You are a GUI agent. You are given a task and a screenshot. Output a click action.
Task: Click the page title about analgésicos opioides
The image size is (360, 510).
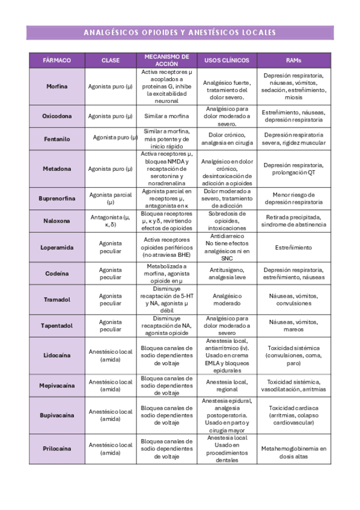coord(180,32)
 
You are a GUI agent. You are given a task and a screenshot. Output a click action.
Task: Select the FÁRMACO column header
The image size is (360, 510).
coord(57,61)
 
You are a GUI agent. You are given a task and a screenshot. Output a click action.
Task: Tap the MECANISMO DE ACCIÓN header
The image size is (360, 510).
coord(166,60)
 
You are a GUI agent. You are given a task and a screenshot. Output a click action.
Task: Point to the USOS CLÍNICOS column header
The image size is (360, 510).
coord(227,61)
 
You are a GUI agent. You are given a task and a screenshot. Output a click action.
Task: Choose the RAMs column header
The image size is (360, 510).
coord(294,61)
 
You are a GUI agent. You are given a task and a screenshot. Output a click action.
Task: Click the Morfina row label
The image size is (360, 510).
coord(57,87)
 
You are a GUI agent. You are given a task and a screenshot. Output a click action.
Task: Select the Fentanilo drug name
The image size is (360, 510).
coord(57,139)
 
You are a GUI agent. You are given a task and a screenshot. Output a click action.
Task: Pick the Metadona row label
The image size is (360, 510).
coord(57,169)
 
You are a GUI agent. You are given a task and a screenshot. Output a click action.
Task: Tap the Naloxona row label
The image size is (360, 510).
coord(57,221)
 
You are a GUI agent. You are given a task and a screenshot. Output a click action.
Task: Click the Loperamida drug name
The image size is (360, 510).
coord(57,247)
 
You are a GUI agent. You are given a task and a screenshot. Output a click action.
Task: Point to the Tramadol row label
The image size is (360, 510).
coord(57,300)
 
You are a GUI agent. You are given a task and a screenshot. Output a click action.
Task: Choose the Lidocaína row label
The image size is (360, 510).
coord(57,356)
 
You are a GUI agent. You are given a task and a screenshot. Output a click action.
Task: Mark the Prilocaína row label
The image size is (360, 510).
coord(57,449)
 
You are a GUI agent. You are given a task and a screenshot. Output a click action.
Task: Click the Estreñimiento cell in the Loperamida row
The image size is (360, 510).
coord(294,247)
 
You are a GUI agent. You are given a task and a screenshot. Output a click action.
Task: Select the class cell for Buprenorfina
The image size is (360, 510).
coord(111,198)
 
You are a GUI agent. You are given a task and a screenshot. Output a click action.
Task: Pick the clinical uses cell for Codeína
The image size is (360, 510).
coord(227,274)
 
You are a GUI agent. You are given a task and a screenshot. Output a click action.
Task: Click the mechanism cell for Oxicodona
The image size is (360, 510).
coord(166,116)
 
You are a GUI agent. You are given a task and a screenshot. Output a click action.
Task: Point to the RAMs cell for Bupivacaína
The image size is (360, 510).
coord(294,415)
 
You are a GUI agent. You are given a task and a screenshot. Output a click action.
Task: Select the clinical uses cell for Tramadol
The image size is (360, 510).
coord(227,300)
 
